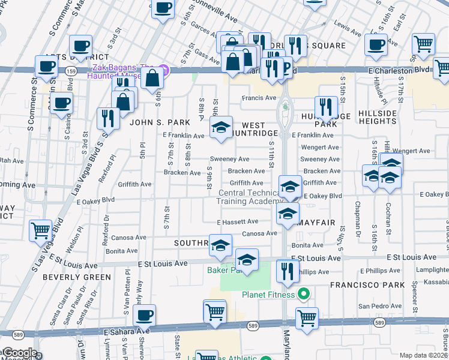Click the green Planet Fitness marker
pyautogui.click(x=304, y=294)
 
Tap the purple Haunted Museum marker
pyautogui.click(x=166, y=70)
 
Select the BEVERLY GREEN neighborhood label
pyautogui.click(x=76, y=277)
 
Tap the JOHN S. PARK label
pyautogui.click(x=155, y=122)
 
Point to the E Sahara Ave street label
pyautogui.click(x=126, y=331)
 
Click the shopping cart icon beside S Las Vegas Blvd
pyautogui.click(x=40, y=230)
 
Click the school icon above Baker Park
pyautogui.click(x=246, y=259)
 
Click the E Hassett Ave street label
pyautogui.click(x=237, y=222)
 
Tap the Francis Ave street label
pyautogui.click(x=259, y=98)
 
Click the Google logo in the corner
pyautogui.click(x=19, y=353)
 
